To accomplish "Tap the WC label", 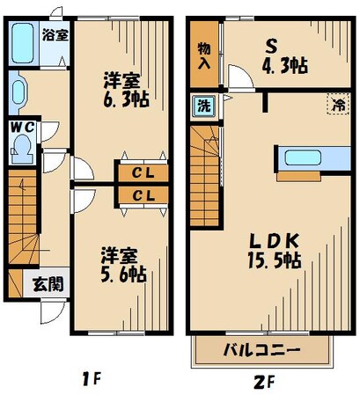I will coord(23,127).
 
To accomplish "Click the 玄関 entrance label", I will coord(48,283).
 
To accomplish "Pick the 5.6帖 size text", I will coord(120,274).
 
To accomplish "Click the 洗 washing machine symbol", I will coord(202,105).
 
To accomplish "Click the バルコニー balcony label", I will coord(263,349).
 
